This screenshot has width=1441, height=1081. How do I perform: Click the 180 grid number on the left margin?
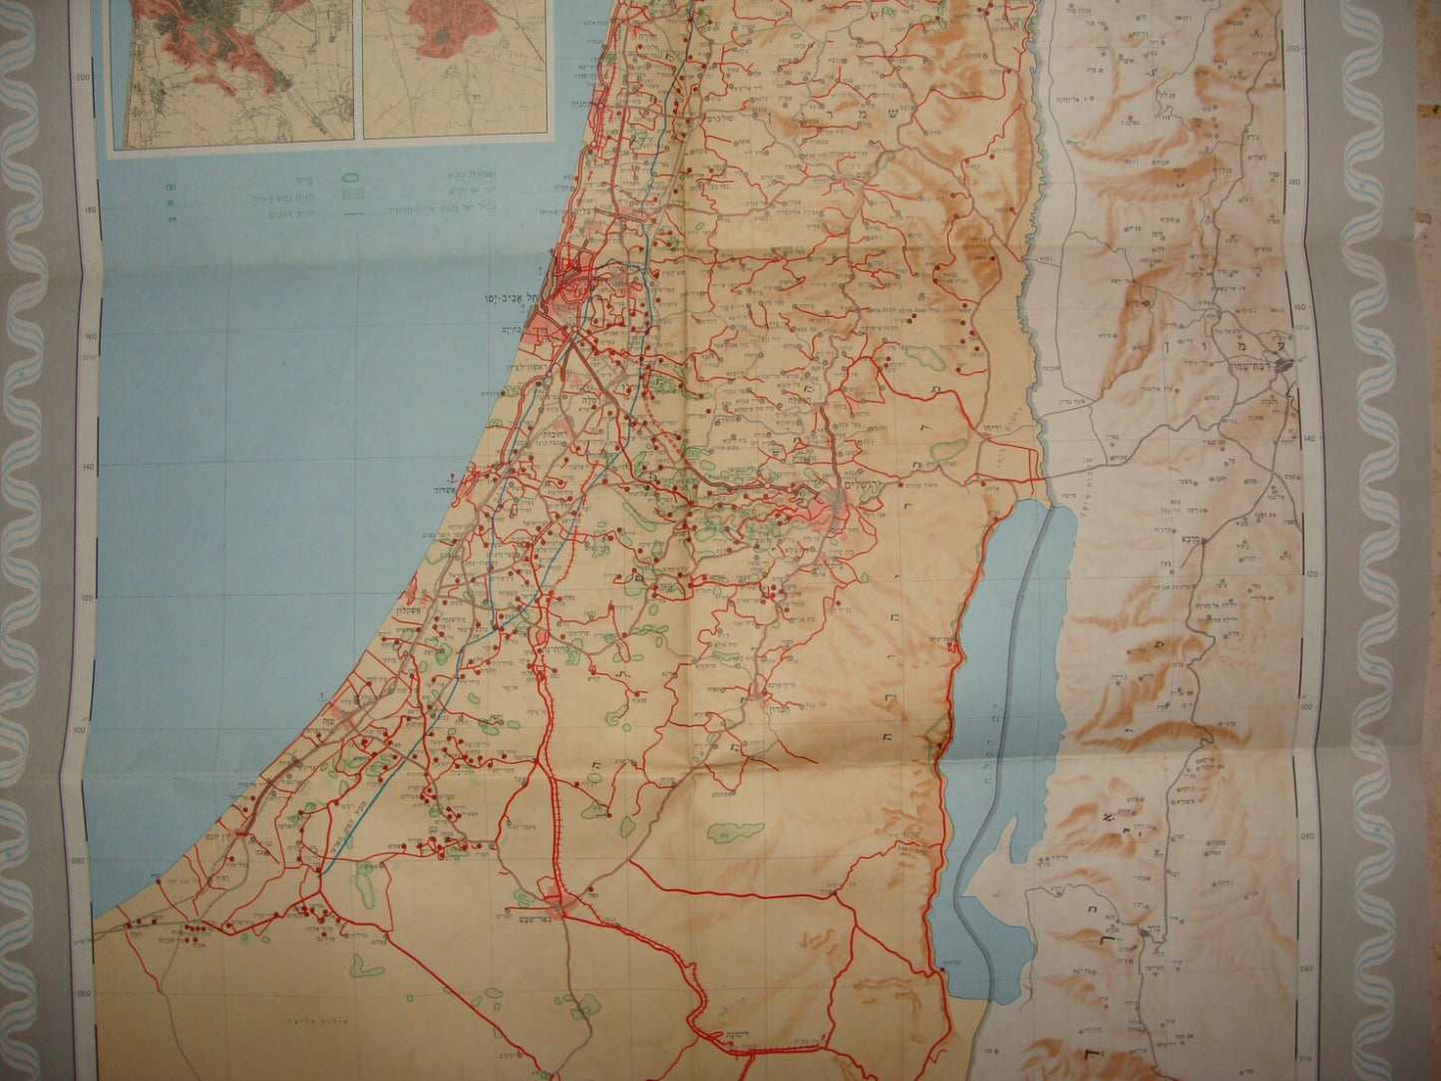click(x=89, y=209)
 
